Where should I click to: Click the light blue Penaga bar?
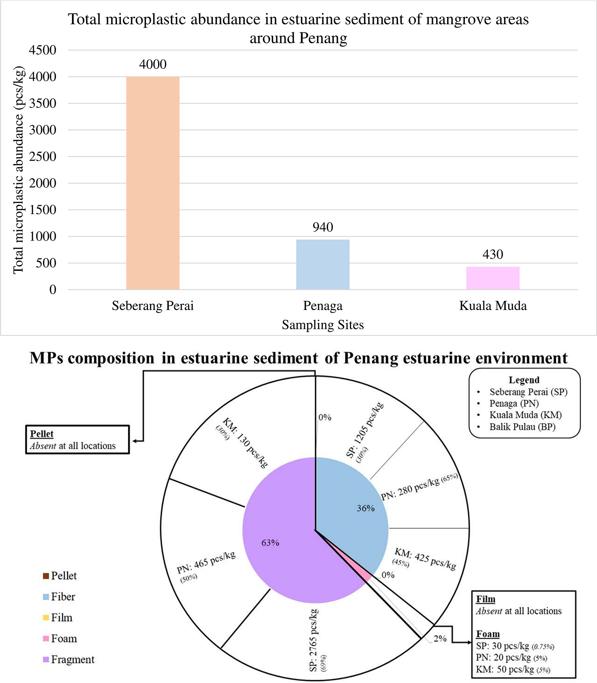(322, 264)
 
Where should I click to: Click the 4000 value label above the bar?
(152, 64)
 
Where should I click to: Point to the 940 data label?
(322, 227)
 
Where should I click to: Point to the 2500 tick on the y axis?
(42, 156)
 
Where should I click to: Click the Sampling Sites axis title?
(322, 325)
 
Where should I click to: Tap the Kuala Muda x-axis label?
(493, 306)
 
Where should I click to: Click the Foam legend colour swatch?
(46, 639)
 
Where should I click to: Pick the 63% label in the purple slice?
(270, 543)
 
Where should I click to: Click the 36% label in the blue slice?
(365, 508)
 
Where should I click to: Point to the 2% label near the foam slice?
(440, 639)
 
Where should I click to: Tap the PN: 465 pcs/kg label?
(206, 562)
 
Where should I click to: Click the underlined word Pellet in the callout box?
(42, 434)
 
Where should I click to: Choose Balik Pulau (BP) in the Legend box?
(522, 427)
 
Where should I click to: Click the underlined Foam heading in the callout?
(487, 634)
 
